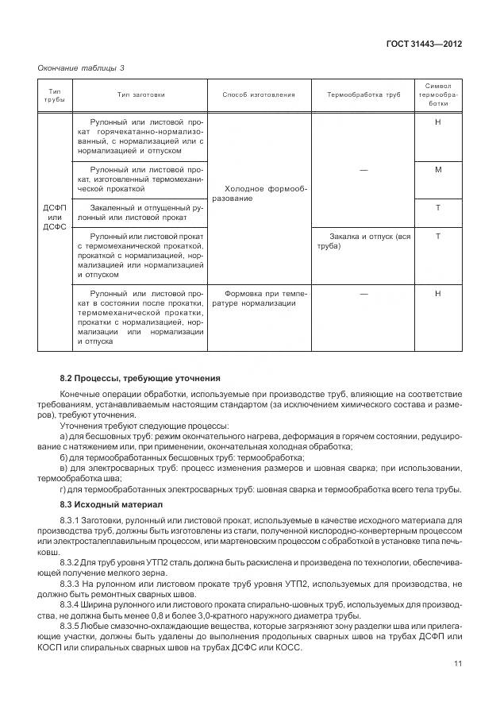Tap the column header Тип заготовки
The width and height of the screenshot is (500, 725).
(140, 94)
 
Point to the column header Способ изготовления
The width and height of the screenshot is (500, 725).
(259, 94)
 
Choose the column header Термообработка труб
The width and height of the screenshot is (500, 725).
(363, 94)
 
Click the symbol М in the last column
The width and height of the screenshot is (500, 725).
(438, 170)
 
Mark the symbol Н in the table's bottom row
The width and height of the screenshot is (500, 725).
(438, 293)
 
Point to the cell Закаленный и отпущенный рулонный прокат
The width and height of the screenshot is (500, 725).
(140, 212)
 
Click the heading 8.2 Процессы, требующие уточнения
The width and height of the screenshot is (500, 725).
(140, 377)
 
